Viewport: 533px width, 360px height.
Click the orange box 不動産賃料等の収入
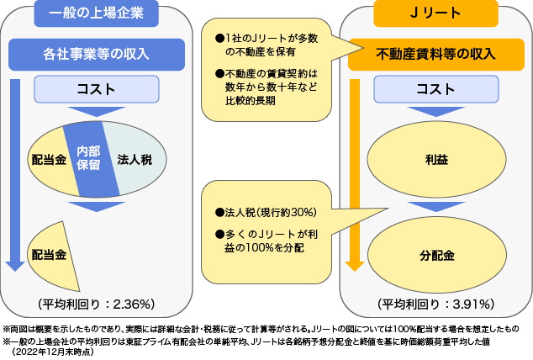coord(432,55)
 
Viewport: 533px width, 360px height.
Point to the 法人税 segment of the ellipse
coord(134,157)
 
